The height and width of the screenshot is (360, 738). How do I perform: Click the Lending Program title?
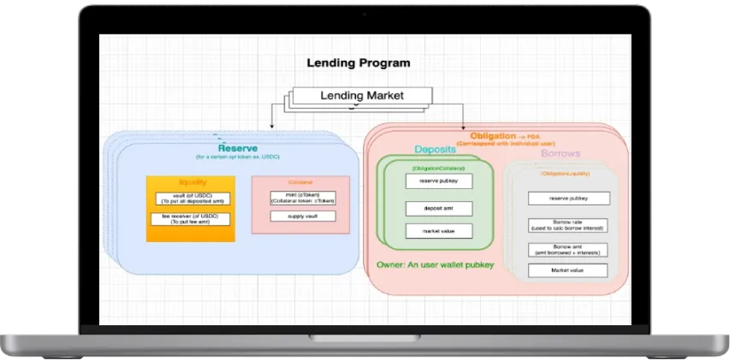(x=358, y=63)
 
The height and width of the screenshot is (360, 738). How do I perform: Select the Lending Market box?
(x=361, y=96)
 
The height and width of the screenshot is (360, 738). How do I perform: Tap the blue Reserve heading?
(x=238, y=148)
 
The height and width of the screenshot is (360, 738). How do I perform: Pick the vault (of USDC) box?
(x=191, y=198)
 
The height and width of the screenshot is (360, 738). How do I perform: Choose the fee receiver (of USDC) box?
(x=191, y=219)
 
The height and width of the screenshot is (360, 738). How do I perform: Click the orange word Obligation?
(x=492, y=136)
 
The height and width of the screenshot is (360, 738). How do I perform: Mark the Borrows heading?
(x=560, y=153)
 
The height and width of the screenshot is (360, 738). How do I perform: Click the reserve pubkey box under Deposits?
(x=439, y=181)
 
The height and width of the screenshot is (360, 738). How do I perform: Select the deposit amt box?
(x=439, y=208)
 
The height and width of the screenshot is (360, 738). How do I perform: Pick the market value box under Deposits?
(x=439, y=231)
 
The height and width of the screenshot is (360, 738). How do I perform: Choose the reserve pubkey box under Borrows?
(x=568, y=198)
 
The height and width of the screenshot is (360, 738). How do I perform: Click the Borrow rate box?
(x=568, y=226)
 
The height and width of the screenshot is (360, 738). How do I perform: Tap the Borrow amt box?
(x=568, y=250)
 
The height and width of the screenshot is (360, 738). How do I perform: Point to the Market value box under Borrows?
(x=568, y=271)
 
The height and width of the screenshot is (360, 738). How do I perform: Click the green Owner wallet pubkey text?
(x=435, y=264)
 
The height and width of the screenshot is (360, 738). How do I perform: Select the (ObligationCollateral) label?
(x=439, y=169)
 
